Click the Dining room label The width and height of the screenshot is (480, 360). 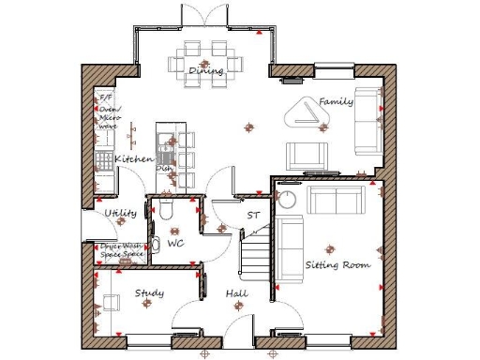(205, 71)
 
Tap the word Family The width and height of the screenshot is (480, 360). (336, 100)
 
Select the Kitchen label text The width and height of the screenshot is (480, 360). (134, 160)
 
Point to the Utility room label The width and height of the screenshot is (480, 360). (121, 214)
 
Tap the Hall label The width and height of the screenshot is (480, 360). (236, 294)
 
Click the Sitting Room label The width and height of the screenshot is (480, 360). (337, 265)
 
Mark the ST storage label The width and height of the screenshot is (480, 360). (252, 217)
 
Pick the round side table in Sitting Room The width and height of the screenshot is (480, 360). (289, 199)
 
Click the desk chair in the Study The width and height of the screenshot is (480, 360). (111, 302)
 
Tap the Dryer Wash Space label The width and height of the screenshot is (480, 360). (122, 250)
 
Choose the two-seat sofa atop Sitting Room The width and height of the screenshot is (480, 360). (337, 199)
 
